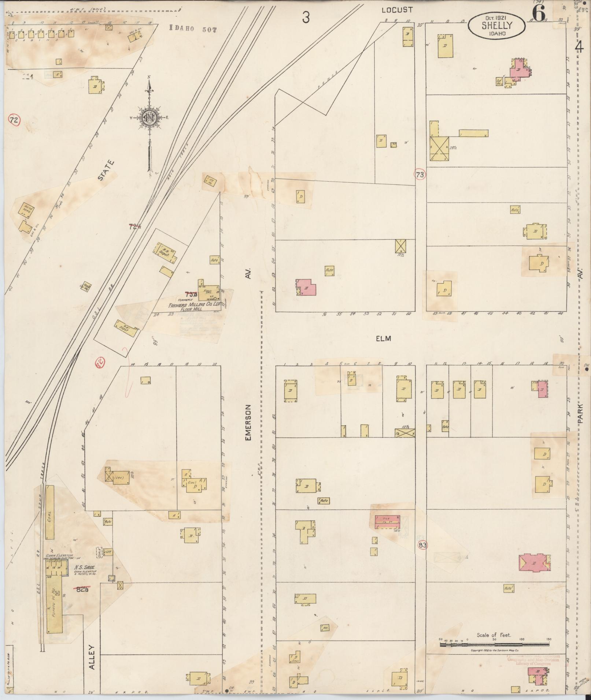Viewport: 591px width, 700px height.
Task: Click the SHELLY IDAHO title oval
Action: pyautogui.click(x=496, y=25)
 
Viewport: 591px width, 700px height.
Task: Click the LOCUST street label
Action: pyautogui.click(x=396, y=10)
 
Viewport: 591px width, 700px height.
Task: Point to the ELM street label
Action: pyautogui.click(x=383, y=338)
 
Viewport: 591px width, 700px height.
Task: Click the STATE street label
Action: pyautogui.click(x=107, y=170)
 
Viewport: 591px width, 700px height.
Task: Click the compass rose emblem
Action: pyautogui.click(x=149, y=117)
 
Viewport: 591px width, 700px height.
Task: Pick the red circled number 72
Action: pyautogui.click(x=14, y=120)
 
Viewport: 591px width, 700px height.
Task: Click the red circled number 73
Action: pyautogui.click(x=420, y=175)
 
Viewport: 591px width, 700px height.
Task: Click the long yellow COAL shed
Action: pyautogui.click(x=49, y=512)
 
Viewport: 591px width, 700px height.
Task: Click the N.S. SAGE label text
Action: pyautogui.click(x=85, y=568)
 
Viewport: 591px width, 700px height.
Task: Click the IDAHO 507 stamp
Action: pyautogui.click(x=193, y=29)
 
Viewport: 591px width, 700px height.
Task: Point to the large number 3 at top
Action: pyautogui.click(x=306, y=17)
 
